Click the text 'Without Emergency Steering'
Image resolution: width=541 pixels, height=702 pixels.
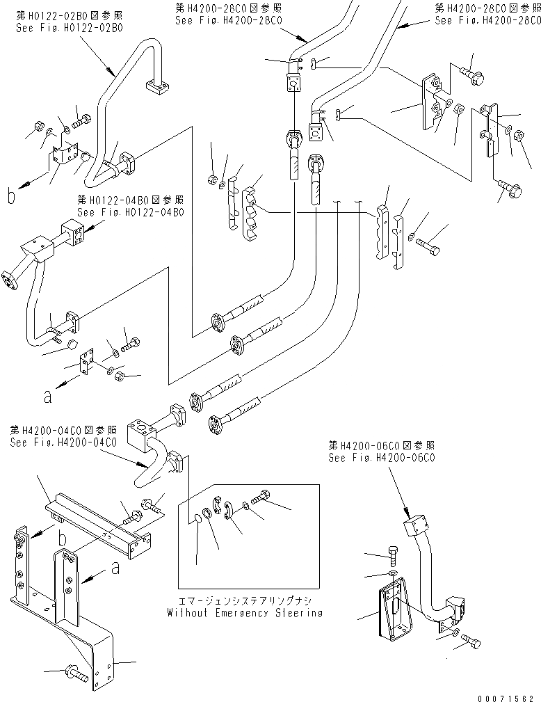tap(244, 613)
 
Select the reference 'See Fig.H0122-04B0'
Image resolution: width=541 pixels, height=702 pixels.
tap(117, 212)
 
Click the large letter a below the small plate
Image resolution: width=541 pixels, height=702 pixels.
tap(47, 397)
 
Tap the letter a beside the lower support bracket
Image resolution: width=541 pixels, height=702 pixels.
tap(115, 568)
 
